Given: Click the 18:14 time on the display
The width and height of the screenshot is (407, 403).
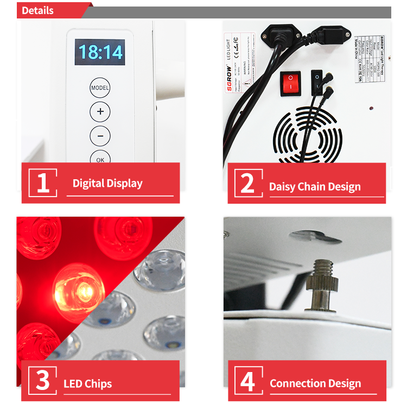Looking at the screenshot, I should pos(100,52).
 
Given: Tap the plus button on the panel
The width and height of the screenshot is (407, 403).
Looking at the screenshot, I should pos(100,112).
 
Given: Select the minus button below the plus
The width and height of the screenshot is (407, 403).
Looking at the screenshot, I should pos(100,135).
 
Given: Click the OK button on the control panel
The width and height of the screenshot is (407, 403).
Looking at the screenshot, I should pos(100,158).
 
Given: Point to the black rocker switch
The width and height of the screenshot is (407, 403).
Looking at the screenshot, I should pos(317,82).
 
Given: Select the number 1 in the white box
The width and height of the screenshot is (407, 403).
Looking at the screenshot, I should pos(43,183).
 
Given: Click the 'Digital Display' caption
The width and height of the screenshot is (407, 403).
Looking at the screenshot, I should pos(107,184).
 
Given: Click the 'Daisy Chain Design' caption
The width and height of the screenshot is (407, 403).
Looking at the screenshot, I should pos(315,187).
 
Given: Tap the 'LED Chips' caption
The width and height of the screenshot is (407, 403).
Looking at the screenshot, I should pos(87,384).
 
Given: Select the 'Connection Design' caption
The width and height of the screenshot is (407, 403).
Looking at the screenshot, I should pos(315,383).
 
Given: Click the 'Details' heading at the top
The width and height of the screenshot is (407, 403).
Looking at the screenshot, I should pos(37,10).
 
